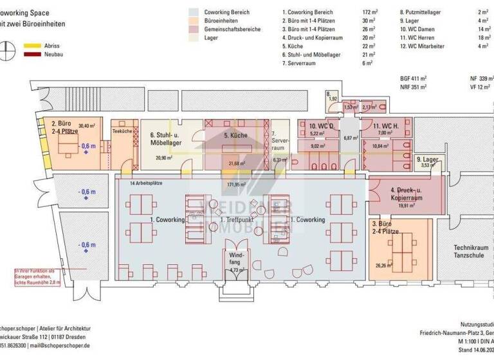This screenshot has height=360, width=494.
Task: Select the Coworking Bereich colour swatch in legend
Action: [194, 12]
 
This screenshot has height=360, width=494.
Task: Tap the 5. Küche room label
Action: [235, 136]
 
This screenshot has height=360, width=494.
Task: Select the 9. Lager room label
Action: [428, 159]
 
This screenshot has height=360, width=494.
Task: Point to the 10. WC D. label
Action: [322, 126]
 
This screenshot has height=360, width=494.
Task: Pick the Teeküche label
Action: [122, 130]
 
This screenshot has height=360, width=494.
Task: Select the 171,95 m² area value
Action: [237, 184]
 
